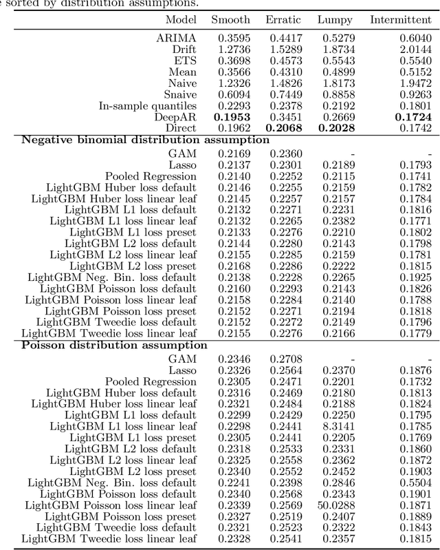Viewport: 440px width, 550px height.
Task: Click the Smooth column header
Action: pyautogui.click(x=231, y=20)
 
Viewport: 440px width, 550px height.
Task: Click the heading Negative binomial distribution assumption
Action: pyautogui.click(x=146, y=140)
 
